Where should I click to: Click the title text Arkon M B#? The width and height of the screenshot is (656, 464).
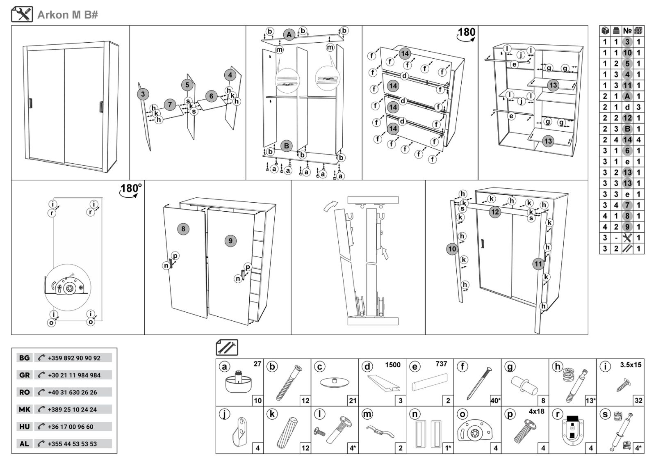tap(68, 15)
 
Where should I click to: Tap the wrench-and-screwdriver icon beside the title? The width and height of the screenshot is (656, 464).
tap(22, 14)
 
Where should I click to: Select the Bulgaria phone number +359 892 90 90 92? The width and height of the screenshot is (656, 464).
tap(74, 358)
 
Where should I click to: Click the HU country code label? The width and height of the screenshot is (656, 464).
tap(24, 427)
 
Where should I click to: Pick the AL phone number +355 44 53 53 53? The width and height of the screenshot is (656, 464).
tap(72, 444)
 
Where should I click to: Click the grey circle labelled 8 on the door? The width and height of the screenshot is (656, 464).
tap(183, 229)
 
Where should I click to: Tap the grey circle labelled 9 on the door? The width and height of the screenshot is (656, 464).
tap(230, 241)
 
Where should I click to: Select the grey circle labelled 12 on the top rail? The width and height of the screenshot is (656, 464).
tap(495, 212)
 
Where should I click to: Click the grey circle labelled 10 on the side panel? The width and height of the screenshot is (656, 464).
tap(452, 249)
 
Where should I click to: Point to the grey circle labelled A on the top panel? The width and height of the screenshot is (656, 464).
tap(289, 35)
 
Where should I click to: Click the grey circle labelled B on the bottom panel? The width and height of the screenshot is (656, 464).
tap(286, 146)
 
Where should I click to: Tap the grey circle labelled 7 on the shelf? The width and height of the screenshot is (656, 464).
tap(170, 104)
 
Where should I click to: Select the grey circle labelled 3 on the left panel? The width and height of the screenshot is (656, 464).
tap(143, 94)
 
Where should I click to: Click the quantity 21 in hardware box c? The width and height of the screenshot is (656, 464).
tap(353, 401)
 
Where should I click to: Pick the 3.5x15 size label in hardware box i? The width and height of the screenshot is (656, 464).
tap(631, 365)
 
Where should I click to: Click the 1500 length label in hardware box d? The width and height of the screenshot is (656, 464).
tap(392, 365)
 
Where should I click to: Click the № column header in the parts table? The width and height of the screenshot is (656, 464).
tap(627, 30)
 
